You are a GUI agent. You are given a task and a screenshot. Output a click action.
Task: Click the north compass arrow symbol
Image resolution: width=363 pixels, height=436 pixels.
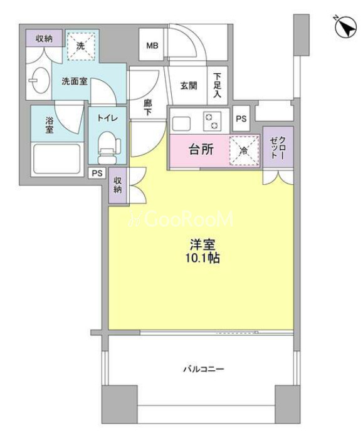point(346,27)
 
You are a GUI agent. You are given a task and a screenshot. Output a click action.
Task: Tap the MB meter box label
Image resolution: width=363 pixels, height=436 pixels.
point(152,45)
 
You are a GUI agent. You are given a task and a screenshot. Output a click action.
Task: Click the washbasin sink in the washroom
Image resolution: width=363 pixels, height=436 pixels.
point(41,80)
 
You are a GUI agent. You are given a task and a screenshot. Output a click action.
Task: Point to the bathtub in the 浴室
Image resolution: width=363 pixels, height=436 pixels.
point(57,158)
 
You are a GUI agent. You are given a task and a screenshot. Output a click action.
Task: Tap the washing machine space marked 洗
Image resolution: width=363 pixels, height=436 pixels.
point(80,46)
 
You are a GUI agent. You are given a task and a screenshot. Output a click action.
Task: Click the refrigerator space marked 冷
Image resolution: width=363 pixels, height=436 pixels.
point(244,151)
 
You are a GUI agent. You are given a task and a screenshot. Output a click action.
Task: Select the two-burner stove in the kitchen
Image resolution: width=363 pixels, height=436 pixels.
point(212,122)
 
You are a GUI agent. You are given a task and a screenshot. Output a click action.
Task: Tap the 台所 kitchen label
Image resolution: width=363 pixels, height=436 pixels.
point(201,150)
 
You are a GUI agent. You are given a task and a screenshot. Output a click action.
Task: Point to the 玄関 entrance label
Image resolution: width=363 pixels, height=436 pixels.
point(189,86)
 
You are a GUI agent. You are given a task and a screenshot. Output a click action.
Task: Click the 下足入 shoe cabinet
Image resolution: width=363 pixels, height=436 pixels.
point(218,85)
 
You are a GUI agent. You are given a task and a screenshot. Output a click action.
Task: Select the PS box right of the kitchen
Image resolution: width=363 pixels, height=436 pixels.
point(241,119)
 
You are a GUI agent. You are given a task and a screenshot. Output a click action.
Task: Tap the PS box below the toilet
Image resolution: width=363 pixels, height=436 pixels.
point(97,174)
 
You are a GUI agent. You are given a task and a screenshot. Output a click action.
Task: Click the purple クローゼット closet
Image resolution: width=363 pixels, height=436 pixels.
point(278,147)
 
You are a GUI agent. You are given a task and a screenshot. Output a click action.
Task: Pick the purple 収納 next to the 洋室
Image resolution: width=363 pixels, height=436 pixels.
point(117,185)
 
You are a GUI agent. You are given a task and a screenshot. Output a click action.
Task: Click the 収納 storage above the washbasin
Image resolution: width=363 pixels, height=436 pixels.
point(44,38)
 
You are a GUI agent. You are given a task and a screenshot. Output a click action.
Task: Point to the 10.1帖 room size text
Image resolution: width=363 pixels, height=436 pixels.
point(203,258)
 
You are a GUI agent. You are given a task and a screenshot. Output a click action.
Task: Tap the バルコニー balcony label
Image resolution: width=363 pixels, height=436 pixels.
point(204,369)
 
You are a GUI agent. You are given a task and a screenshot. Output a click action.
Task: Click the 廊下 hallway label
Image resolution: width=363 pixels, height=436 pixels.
point(147,108)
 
